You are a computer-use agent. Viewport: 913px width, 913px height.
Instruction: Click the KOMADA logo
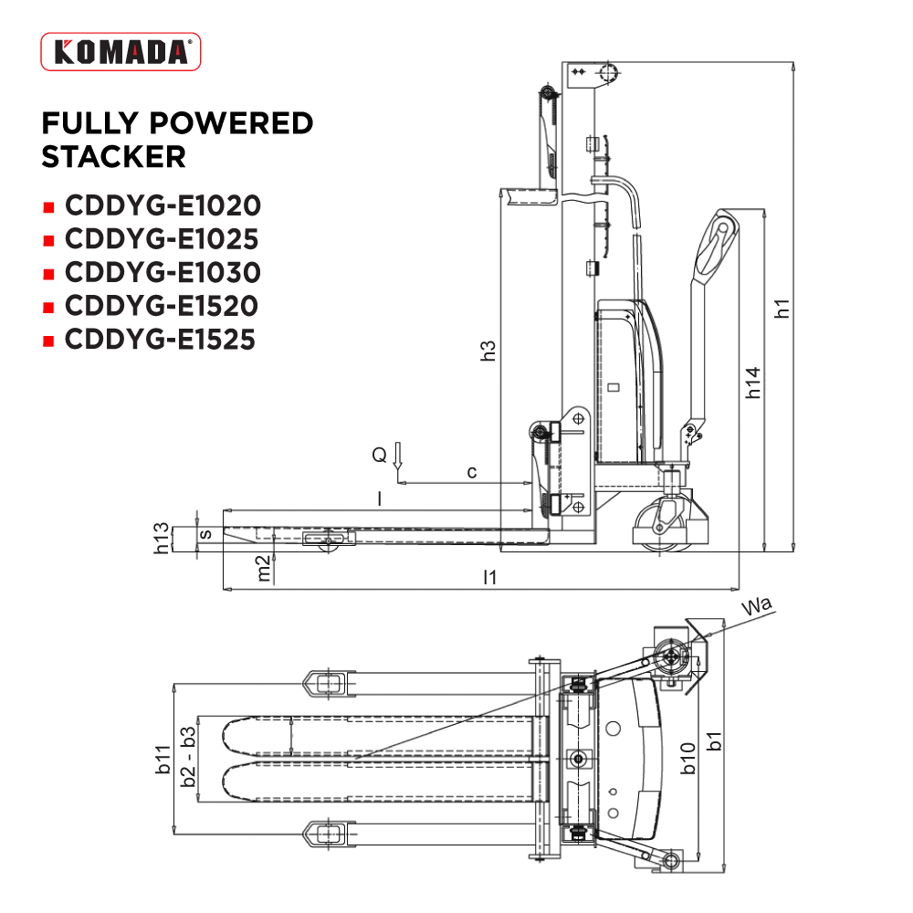[x=121, y=52]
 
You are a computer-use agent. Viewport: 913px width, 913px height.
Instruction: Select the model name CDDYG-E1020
[x=163, y=205]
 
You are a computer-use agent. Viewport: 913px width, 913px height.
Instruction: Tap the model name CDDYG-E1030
[x=163, y=272]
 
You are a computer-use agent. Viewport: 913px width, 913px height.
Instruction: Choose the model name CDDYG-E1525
[x=160, y=340]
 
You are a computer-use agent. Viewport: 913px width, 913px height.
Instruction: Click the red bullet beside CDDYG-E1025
[x=49, y=240]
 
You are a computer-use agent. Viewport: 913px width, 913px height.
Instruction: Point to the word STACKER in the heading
[x=113, y=157]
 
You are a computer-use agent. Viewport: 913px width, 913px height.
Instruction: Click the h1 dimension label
[x=782, y=308]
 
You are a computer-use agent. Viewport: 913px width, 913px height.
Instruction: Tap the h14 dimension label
[x=753, y=383]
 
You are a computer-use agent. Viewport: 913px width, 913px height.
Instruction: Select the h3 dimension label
[x=488, y=351]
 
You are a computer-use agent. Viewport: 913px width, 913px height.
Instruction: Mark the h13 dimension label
[x=162, y=538]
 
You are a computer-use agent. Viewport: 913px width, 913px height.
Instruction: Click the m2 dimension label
[x=264, y=568]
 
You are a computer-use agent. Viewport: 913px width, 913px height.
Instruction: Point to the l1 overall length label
[x=490, y=577]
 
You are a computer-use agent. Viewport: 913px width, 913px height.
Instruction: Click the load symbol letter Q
[x=379, y=454]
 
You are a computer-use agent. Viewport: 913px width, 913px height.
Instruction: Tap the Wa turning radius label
[x=757, y=605]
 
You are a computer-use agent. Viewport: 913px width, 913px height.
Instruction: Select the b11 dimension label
[x=163, y=760]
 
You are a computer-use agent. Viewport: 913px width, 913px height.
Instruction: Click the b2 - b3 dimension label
[x=188, y=756]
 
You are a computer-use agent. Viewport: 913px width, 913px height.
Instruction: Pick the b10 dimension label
[x=688, y=759]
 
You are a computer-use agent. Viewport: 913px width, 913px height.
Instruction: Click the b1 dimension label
[x=714, y=740]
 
